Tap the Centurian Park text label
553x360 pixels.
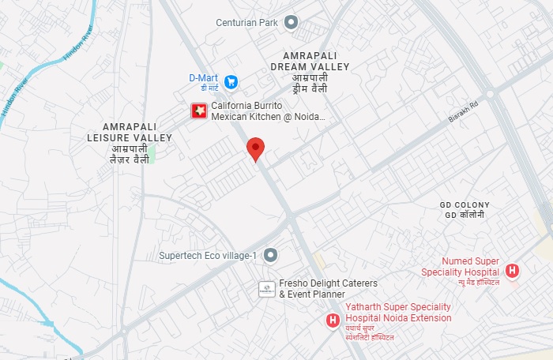[246, 22]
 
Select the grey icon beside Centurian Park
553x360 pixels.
[291, 22]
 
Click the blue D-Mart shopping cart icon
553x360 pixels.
[231, 81]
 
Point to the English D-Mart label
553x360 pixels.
[202, 77]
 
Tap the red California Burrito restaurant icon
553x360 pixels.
[199, 111]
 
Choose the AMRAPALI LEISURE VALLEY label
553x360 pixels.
[129, 132]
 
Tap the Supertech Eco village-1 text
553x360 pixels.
[208, 256]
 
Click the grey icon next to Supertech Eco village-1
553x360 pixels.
[270, 255]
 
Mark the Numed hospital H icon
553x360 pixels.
[513, 272]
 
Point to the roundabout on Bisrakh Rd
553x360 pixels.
[490, 94]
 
